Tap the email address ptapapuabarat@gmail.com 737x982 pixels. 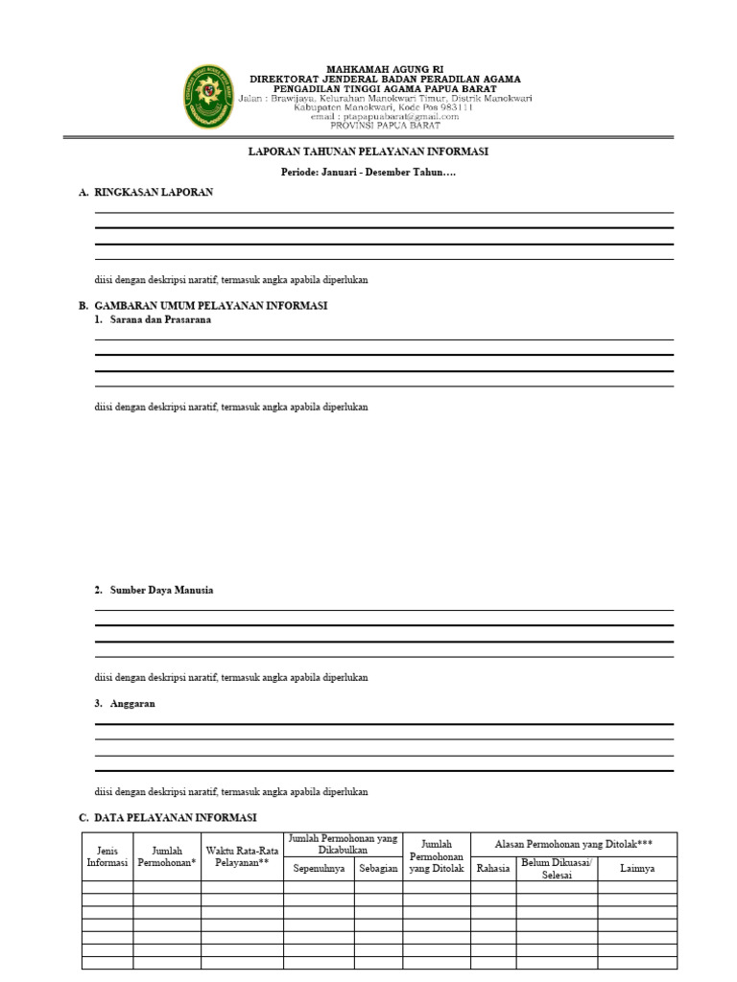click(x=385, y=117)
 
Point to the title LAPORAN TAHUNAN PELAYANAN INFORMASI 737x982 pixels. click(x=369, y=152)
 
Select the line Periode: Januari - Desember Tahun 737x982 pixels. click(x=368, y=173)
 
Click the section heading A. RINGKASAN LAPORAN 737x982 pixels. click(x=146, y=193)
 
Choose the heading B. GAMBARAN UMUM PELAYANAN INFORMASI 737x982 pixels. click(x=203, y=306)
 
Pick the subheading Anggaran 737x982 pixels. click(x=132, y=704)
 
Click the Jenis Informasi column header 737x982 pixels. click(x=107, y=855)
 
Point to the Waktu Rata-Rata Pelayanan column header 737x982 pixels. click(x=242, y=855)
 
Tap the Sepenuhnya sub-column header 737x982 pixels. click(x=319, y=869)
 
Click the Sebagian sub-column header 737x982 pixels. click(x=378, y=869)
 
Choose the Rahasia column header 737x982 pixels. click(x=493, y=869)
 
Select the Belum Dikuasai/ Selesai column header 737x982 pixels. click(x=557, y=869)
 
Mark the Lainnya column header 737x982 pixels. click(x=637, y=869)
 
